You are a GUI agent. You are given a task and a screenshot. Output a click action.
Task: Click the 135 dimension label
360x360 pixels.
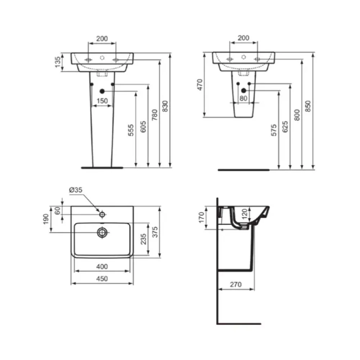click(58, 62)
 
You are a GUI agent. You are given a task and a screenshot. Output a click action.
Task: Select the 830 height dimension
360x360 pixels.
click(165, 106)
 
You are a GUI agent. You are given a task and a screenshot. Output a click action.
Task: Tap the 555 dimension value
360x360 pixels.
click(131, 130)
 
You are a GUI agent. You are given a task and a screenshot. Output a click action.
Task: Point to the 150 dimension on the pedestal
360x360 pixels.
click(102, 101)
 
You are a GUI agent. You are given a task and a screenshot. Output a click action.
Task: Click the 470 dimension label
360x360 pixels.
click(200, 85)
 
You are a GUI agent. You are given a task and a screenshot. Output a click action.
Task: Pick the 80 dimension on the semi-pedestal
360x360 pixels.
click(243, 98)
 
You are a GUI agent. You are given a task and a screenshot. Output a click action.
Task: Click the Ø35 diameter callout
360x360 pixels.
click(76, 190)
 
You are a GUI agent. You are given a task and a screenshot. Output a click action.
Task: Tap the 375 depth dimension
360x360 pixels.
click(155, 232)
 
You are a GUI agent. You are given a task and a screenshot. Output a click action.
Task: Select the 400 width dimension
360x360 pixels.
click(102, 266)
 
